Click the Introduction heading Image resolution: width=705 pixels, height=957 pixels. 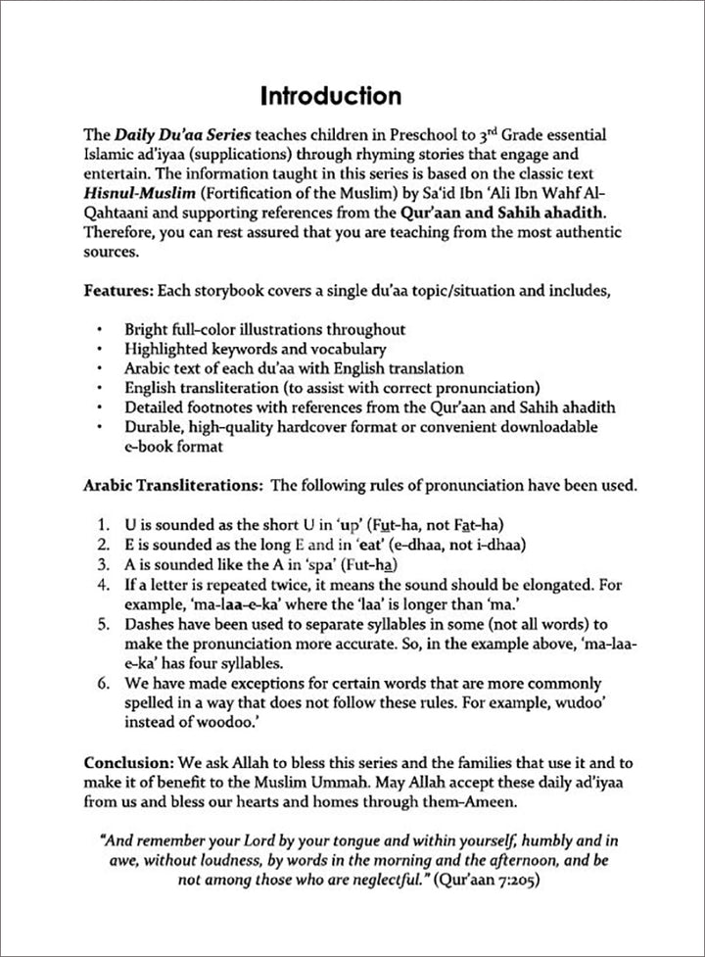tap(330, 96)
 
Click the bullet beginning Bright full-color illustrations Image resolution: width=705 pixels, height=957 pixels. tap(264, 330)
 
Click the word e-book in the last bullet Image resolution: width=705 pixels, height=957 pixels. tap(147, 447)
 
